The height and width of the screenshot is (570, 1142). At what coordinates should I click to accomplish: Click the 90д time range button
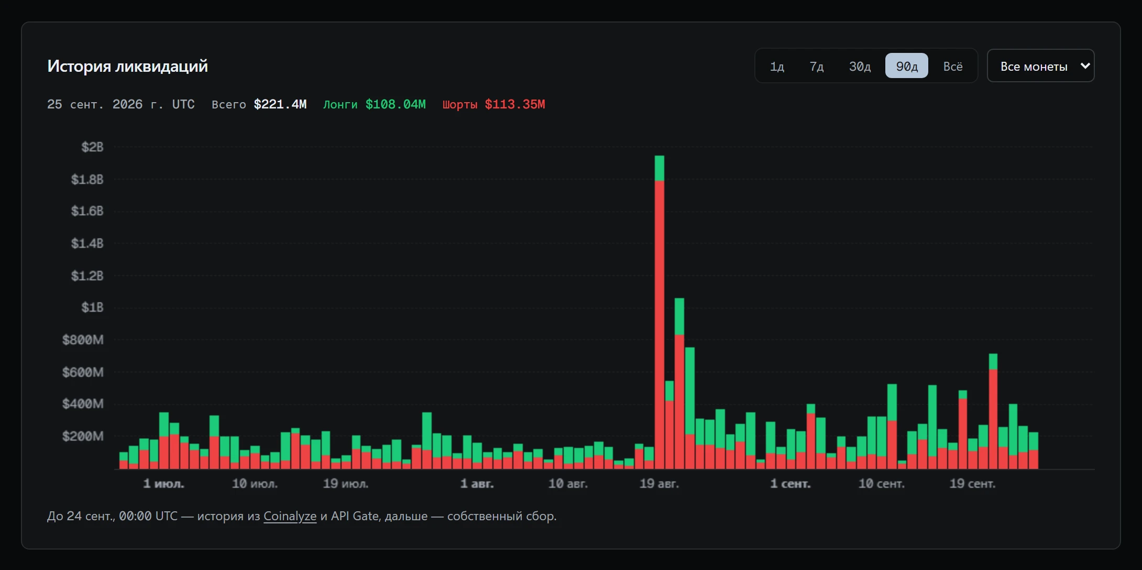tap(906, 66)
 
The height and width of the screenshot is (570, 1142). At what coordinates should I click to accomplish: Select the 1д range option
tap(777, 67)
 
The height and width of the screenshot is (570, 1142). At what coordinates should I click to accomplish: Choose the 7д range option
tap(817, 67)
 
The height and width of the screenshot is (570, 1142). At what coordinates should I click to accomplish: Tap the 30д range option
tap(860, 67)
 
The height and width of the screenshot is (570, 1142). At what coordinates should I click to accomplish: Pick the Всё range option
tap(953, 67)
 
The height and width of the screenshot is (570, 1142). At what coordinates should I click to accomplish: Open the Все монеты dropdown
tap(1040, 66)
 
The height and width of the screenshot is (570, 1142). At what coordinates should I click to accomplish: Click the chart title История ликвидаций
tap(127, 66)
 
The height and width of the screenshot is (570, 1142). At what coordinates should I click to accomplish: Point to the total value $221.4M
tap(280, 104)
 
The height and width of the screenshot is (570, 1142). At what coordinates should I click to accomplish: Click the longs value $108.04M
tap(396, 104)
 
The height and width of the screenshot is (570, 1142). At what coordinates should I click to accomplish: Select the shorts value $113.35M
tap(515, 104)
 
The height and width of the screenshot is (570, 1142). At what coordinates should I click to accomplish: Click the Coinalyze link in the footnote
tap(290, 516)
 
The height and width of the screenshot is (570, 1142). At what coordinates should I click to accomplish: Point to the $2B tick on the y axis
tap(92, 147)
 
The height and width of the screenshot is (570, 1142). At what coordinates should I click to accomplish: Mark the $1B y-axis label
tap(92, 308)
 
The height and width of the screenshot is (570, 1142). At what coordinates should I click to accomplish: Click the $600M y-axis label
tap(83, 372)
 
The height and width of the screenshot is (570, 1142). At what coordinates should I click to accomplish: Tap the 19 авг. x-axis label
tap(659, 484)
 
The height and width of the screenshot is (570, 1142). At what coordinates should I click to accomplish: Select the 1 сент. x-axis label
tap(790, 484)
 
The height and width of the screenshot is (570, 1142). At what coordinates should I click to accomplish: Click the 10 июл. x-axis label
tap(255, 484)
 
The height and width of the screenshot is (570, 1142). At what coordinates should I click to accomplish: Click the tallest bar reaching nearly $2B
tap(660, 312)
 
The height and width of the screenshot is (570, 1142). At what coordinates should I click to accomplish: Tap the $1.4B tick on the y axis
tap(87, 244)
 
